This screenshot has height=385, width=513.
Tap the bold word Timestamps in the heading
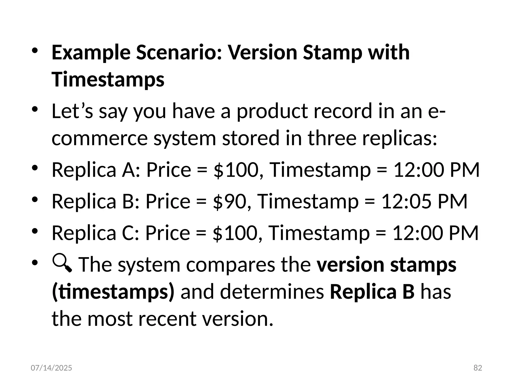click(108, 79)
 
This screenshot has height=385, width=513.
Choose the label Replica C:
click(95, 233)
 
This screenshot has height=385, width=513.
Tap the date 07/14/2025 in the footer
click(51, 368)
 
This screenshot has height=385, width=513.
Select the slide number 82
click(478, 368)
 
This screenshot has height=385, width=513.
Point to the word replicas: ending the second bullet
click(397, 138)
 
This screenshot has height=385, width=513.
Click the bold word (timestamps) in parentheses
click(113, 292)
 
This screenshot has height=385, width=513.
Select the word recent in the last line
click(167, 319)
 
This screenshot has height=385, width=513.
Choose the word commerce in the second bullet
click(100, 138)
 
